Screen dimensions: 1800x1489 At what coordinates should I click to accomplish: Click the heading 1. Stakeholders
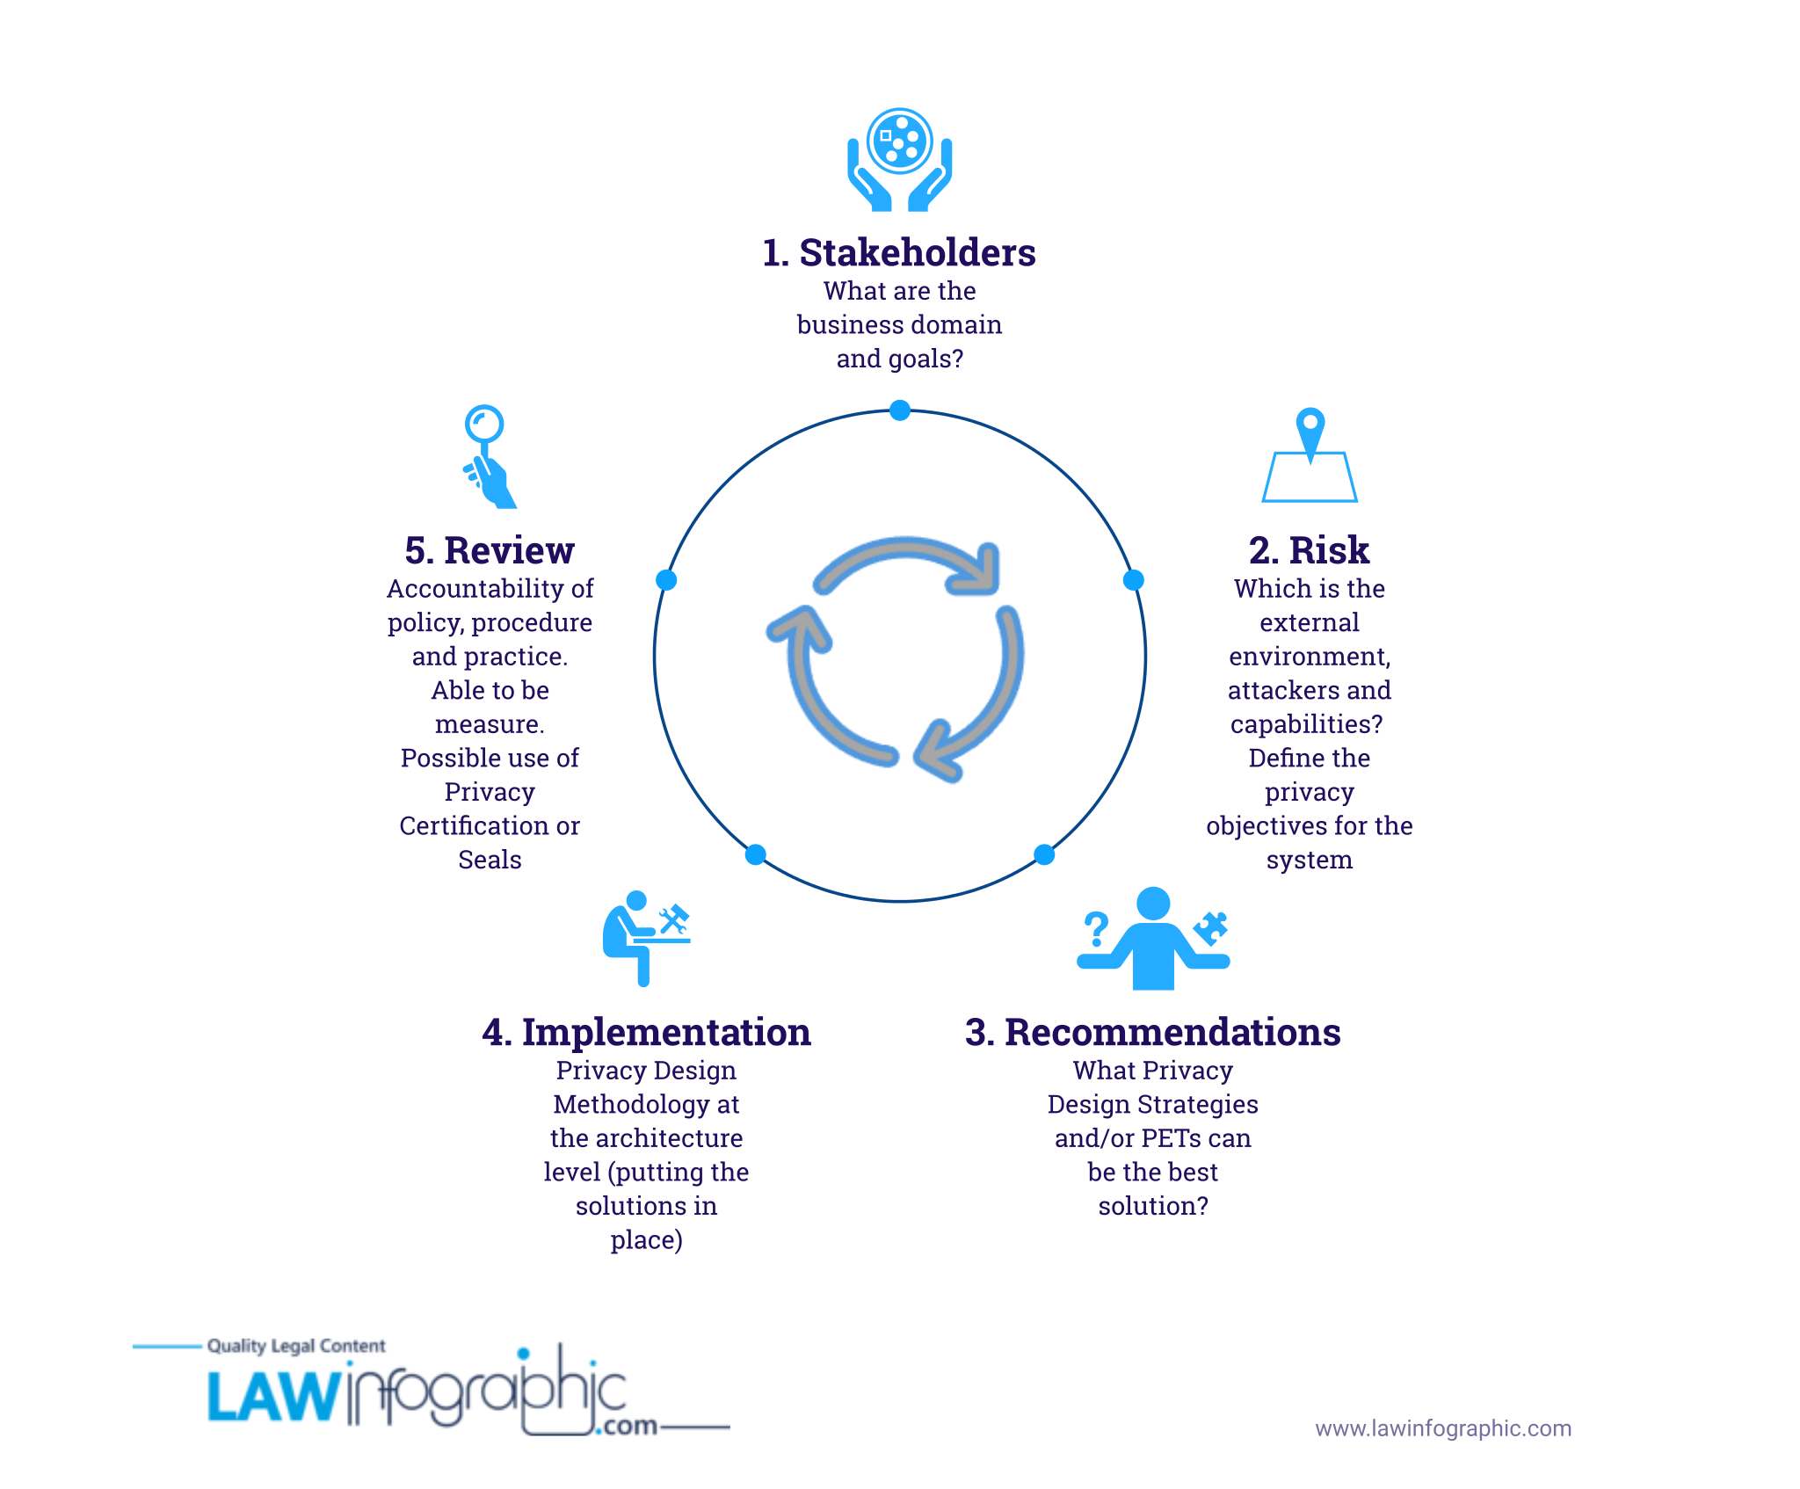pos(899,253)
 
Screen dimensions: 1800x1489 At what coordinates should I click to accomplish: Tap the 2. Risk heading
pos(1309,551)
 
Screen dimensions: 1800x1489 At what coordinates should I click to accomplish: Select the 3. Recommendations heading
pos(1152,1033)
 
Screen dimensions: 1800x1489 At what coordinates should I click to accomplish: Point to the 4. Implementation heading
pos(646,1033)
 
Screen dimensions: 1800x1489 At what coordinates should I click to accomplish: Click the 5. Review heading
pos(490,551)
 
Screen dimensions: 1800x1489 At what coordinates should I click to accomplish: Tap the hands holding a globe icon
pos(899,160)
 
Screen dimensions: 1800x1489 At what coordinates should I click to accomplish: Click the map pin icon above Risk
pos(1310,454)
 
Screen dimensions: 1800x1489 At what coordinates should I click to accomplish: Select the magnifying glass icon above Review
pos(490,456)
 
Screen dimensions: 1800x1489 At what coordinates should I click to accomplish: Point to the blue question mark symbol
pos(1096,929)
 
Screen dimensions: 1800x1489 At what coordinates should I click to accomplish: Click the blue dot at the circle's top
pos(899,410)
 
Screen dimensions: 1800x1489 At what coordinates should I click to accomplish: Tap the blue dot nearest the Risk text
pos(1133,580)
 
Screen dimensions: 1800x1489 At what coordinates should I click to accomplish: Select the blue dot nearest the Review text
pos(666,580)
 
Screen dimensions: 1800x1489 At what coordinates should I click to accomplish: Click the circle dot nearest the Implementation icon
pos(755,854)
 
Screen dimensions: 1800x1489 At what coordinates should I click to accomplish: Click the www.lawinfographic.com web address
pos(1443,1428)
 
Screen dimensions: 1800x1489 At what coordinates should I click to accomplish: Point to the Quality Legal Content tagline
pos(296,1346)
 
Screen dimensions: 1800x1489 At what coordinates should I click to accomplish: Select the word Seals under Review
pos(490,860)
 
